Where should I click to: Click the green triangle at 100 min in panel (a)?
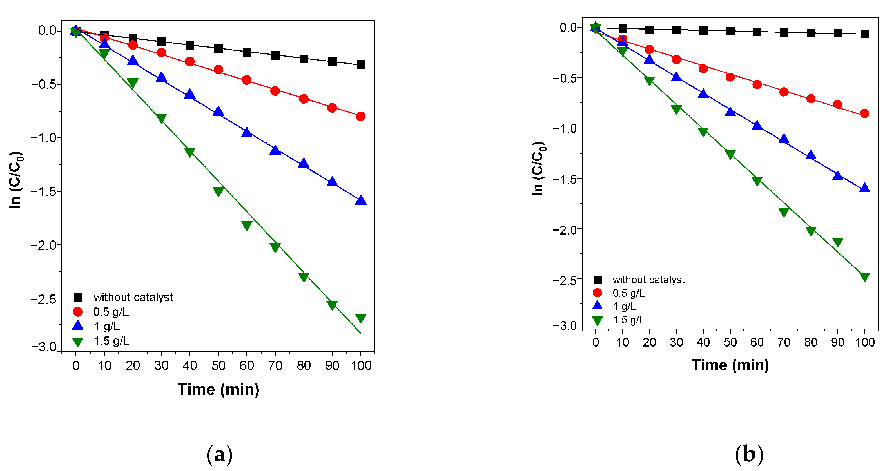pyautogui.click(x=361, y=318)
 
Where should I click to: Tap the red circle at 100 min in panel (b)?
pyautogui.click(x=864, y=113)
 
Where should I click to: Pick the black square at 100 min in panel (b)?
pyautogui.click(x=864, y=34)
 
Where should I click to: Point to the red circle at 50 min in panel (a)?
pyautogui.click(x=218, y=70)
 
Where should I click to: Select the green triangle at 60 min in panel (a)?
pyautogui.click(x=247, y=225)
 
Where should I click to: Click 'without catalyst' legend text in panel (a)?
pyautogui.click(x=133, y=298)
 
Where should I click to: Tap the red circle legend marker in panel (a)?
pyautogui.click(x=78, y=312)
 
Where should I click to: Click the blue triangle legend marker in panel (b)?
pyautogui.click(x=597, y=306)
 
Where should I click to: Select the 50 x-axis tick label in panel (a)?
pyautogui.click(x=218, y=365)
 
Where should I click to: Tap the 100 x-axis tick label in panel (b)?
pyautogui.click(x=864, y=343)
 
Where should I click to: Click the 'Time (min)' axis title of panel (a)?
pyautogui.click(x=218, y=389)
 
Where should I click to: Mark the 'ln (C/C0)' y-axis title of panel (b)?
pyautogui.click(x=538, y=169)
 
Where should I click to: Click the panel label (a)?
pyautogui.click(x=219, y=454)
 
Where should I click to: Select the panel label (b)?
pyautogui.click(x=749, y=454)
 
